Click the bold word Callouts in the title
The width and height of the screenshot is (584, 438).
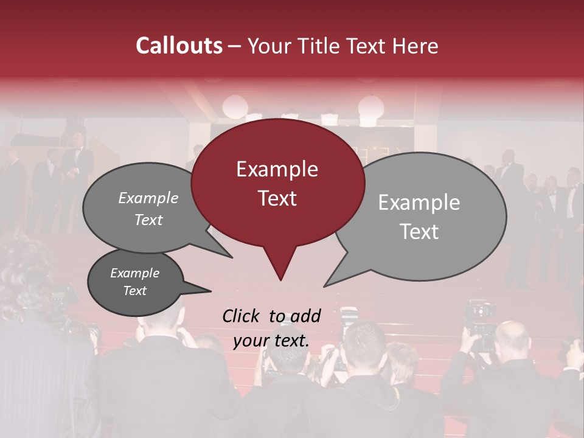pos(179,46)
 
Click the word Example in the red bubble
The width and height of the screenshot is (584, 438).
pos(277,169)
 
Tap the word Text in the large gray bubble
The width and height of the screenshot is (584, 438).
pos(420,232)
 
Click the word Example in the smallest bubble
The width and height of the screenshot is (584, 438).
pos(134,273)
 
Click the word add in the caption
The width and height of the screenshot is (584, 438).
pos(305,316)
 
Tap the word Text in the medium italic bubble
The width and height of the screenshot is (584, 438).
pos(148,220)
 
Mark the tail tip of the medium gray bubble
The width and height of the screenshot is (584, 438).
pos(232,257)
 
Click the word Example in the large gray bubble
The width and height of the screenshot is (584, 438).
pos(419,202)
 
